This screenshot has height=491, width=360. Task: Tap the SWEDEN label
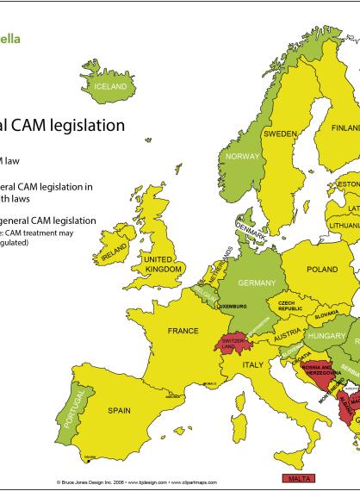pyautogui.click(x=280, y=134)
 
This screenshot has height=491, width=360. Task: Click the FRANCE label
pyautogui.click(x=183, y=331)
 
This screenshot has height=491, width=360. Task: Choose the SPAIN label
pyautogui.click(x=119, y=411)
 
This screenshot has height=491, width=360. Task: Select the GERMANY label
pyautogui.click(x=257, y=283)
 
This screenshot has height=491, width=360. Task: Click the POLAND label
pyautogui.click(x=322, y=270)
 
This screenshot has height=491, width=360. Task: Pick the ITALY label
pyautogui.click(x=252, y=365)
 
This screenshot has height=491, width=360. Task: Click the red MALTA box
pyautogui.click(x=297, y=478)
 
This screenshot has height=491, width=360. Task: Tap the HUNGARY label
pyautogui.click(x=327, y=335)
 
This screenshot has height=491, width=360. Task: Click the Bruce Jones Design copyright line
pyautogui.click(x=137, y=484)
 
